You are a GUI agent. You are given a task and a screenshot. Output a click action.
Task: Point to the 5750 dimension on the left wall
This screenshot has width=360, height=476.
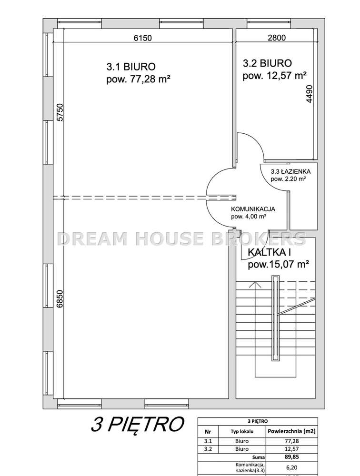tap(60, 113)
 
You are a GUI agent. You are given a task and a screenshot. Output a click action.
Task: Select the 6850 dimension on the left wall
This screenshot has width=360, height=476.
tap(60, 299)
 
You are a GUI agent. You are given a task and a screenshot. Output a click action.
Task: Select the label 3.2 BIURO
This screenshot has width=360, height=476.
tap(267, 63)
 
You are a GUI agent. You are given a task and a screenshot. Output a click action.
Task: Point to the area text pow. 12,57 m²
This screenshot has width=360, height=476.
tap(274, 75)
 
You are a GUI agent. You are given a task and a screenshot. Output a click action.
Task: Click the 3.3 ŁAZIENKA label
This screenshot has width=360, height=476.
tap(290, 171)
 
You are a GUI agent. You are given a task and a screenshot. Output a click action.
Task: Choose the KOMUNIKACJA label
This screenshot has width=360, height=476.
tap(253, 208)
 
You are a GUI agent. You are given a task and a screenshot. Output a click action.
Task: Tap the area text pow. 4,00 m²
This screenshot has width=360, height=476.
tap(248, 217)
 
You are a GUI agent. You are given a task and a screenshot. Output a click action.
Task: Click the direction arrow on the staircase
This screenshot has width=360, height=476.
tap(257, 286)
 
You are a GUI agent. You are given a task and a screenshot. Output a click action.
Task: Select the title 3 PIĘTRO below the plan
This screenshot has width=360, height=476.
tap(137, 424)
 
